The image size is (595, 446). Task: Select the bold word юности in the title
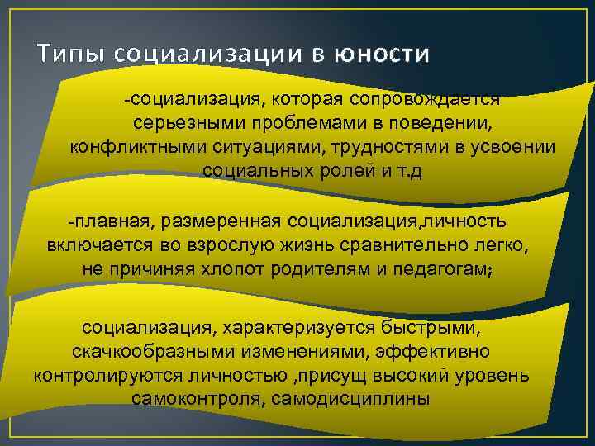[x=383, y=55]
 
